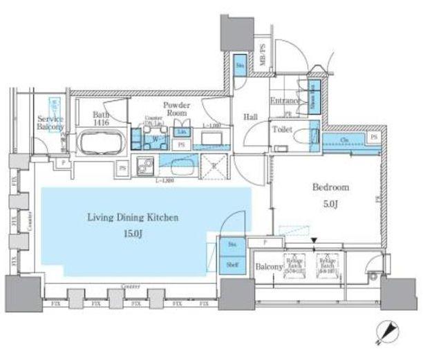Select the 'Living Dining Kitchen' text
[x=133, y=217]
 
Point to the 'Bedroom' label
[x=330, y=187]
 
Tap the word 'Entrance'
[x=283, y=102]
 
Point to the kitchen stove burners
[x=146, y=166]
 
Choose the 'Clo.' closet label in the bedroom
[x=344, y=139]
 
